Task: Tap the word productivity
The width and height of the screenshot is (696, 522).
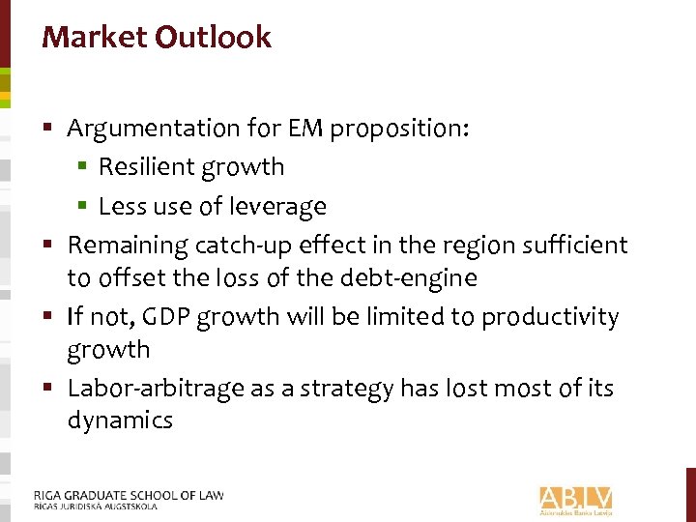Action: click(x=551, y=317)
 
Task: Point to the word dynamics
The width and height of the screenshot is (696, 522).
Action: click(x=120, y=420)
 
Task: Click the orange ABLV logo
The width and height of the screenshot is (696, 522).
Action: click(x=576, y=499)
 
